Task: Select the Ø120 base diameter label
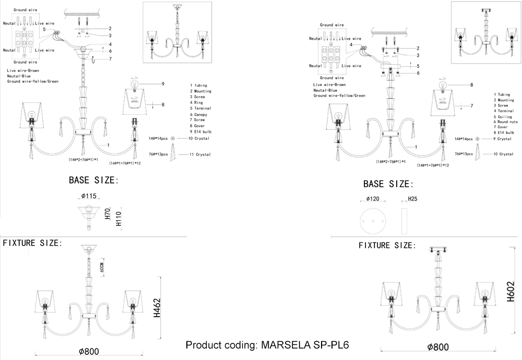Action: point(373,199)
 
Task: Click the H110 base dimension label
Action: point(120,219)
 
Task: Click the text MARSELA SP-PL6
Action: point(305,346)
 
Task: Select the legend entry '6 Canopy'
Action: point(199,114)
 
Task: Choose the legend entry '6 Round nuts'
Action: point(506,122)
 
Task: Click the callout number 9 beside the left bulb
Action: point(163,83)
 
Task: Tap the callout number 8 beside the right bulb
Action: point(471,84)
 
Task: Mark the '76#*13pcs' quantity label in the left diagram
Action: point(158,155)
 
